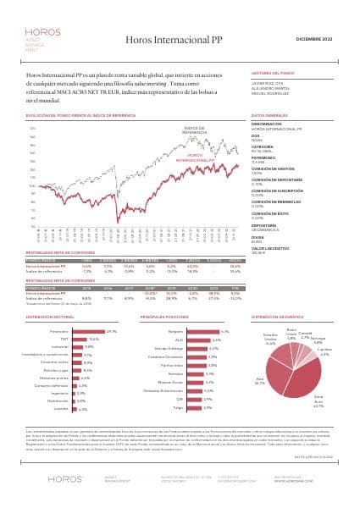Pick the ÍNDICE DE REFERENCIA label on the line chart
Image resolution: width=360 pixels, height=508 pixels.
click(194, 130)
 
